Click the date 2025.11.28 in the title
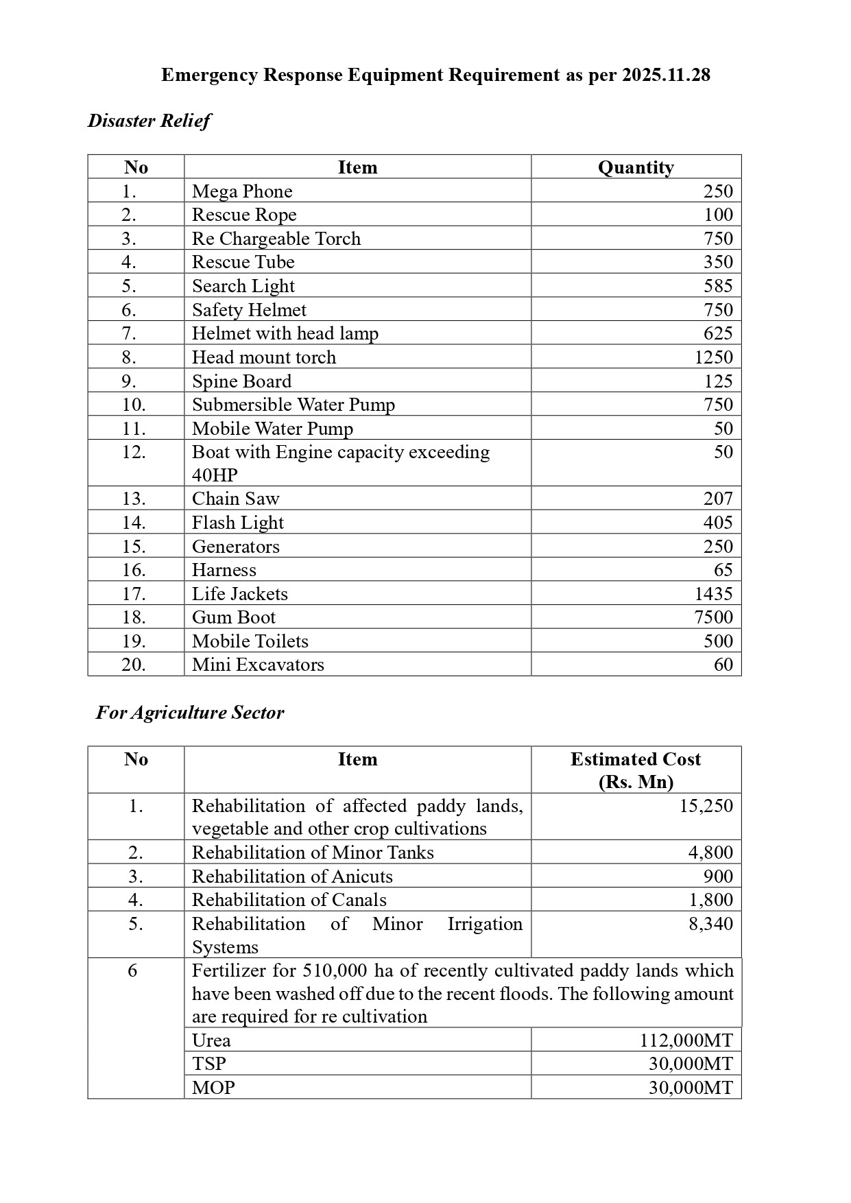[x=666, y=75]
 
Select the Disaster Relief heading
[x=149, y=121]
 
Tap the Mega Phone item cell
[x=242, y=191]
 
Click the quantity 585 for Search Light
[x=718, y=286]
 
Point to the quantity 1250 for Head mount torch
[x=713, y=357]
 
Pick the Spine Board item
[x=241, y=381]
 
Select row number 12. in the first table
[x=134, y=453]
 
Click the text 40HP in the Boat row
[x=215, y=475]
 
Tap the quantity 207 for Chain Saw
[x=718, y=499]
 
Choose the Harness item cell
[x=224, y=570]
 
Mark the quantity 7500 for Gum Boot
[x=713, y=617]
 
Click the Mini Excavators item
[x=258, y=665]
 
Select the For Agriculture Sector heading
[x=190, y=713]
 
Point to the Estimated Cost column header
[x=636, y=759]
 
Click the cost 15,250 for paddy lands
[x=706, y=806]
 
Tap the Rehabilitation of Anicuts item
[x=292, y=877]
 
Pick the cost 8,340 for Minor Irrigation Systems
[x=710, y=924]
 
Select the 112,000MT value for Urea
[x=686, y=1040]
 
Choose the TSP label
[x=209, y=1064]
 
